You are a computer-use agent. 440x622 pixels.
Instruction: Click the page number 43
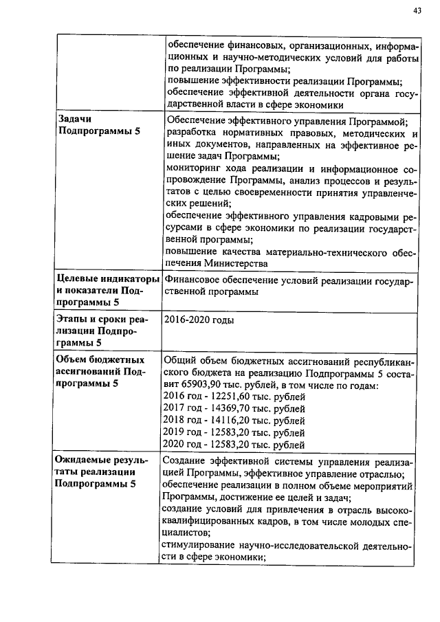417,10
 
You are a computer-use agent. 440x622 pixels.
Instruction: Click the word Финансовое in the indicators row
192,280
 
